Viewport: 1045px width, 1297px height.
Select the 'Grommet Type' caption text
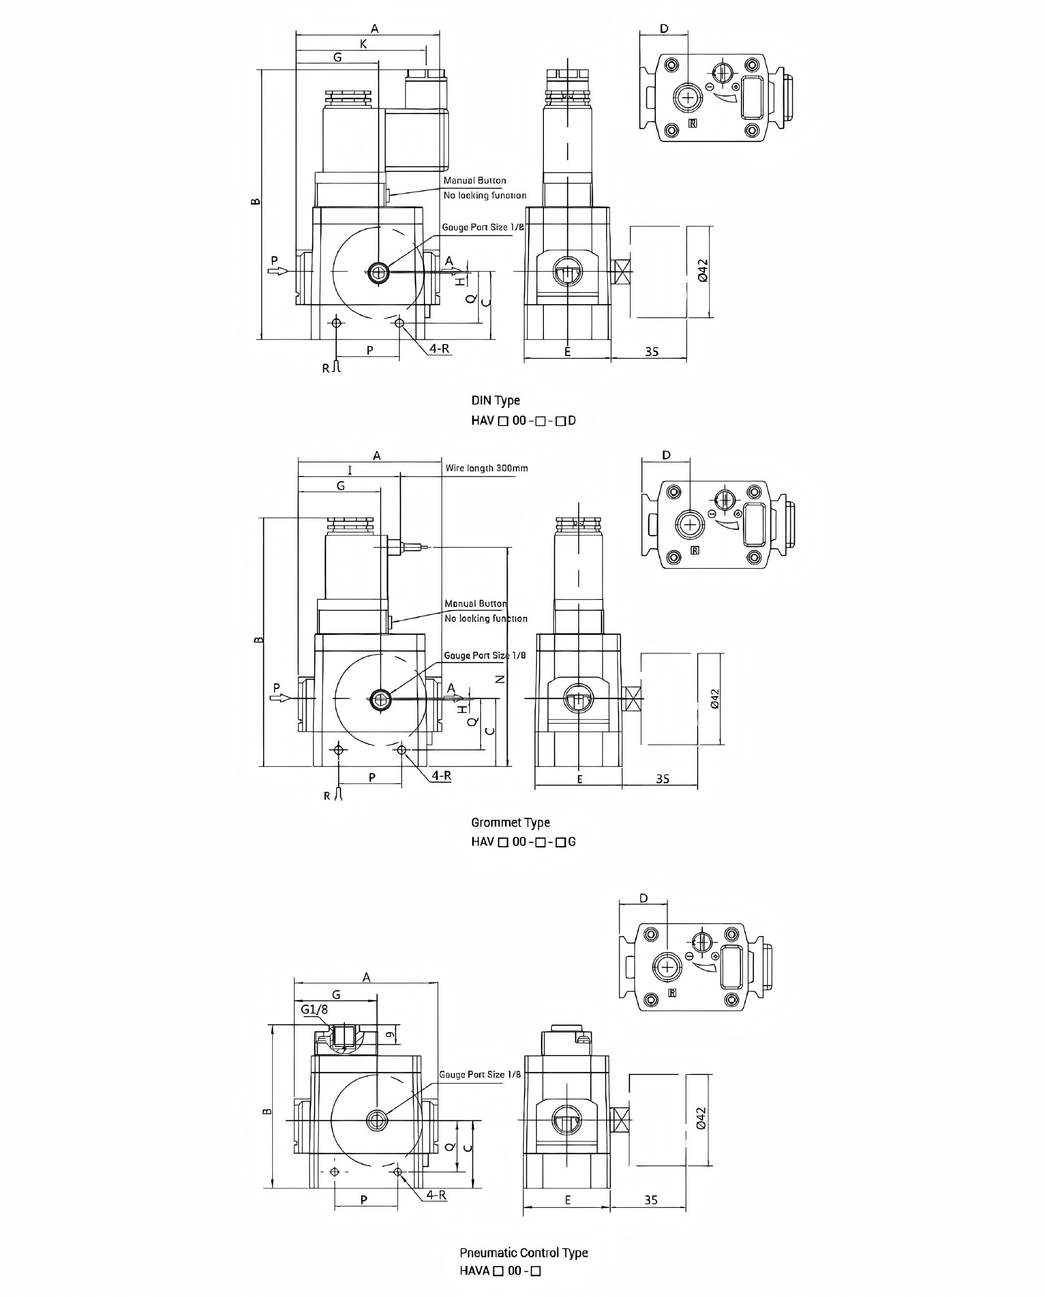point(510,823)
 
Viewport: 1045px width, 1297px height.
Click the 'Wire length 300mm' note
point(486,468)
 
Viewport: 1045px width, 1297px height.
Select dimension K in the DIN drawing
point(363,44)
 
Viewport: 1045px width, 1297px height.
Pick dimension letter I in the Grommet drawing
point(350,471)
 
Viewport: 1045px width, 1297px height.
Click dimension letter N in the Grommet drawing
point(500,679)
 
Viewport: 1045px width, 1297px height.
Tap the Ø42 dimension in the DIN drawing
point(703,270)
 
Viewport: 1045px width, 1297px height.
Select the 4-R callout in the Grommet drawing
point(441,776)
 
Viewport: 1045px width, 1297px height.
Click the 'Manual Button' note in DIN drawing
point(474,181)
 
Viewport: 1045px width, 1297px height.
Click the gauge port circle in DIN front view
point(378,273)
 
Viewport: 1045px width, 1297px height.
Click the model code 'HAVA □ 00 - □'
point(500,1271)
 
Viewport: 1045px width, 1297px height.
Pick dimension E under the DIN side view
point(567,352)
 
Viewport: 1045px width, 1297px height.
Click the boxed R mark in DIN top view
point(693,123)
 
